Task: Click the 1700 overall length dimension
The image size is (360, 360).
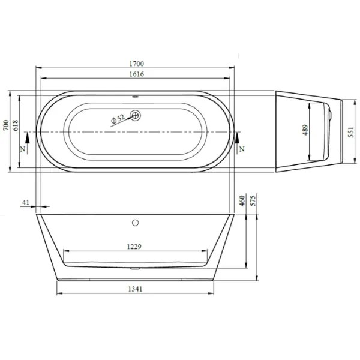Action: coord(135,62)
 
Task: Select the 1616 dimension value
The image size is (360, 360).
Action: coord(135,74)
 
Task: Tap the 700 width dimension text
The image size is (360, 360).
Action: coord(5,125)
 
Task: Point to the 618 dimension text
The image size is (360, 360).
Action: coord(16,125)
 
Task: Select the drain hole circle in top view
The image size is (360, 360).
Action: coord(135,115)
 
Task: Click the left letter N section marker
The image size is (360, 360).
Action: coord(23,148)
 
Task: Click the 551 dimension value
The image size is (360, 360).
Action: coord(351,131)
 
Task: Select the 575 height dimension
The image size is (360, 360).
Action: coord(253,200)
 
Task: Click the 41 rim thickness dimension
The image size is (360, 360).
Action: coord(25,203)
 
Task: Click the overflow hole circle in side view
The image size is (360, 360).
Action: coord(135,223)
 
